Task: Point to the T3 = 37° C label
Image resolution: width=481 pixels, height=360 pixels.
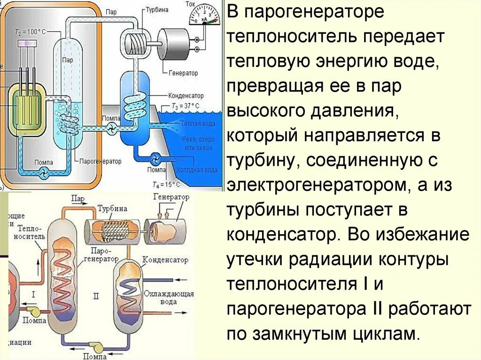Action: tap(187, 106)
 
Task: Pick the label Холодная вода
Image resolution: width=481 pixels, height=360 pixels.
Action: tap(197, 169)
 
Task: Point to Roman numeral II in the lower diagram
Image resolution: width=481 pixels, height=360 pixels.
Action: tap(96, 296)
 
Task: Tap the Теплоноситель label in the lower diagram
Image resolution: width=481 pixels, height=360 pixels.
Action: tap(32, 232)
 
